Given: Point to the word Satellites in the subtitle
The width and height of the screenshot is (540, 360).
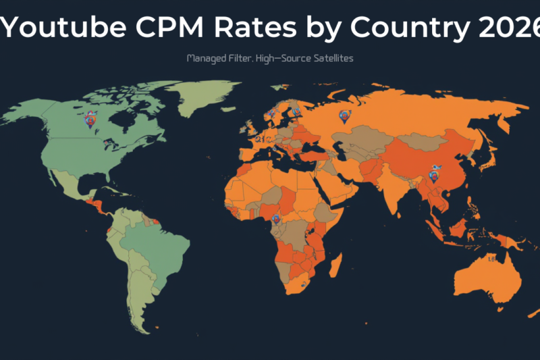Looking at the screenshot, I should point(329,59).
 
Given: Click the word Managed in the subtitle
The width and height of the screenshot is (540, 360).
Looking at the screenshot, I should point(206,59).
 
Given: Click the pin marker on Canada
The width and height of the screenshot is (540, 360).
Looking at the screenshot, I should point(90,121).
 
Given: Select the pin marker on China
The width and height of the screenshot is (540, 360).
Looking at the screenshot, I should point(433,176).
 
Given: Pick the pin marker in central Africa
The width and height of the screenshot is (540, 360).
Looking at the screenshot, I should point(275,220).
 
